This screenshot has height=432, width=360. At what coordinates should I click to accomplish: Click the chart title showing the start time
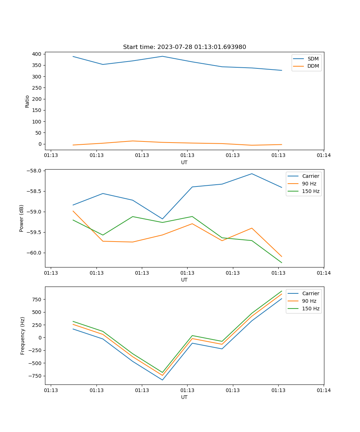point(184,47)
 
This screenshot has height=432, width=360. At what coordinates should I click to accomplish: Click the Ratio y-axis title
point(27,102)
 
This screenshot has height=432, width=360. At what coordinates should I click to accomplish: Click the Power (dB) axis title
point(22,218)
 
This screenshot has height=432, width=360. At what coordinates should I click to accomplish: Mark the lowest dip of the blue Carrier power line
point(162,219)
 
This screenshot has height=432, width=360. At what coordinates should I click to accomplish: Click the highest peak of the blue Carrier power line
point(252,174)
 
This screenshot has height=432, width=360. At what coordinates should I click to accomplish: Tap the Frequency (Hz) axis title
point(23,336)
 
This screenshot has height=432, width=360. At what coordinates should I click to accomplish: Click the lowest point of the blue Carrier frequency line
point(162,380)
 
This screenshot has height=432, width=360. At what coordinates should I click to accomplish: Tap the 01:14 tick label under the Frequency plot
point(324,390)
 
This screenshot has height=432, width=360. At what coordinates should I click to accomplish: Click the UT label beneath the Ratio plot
point(184,162)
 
